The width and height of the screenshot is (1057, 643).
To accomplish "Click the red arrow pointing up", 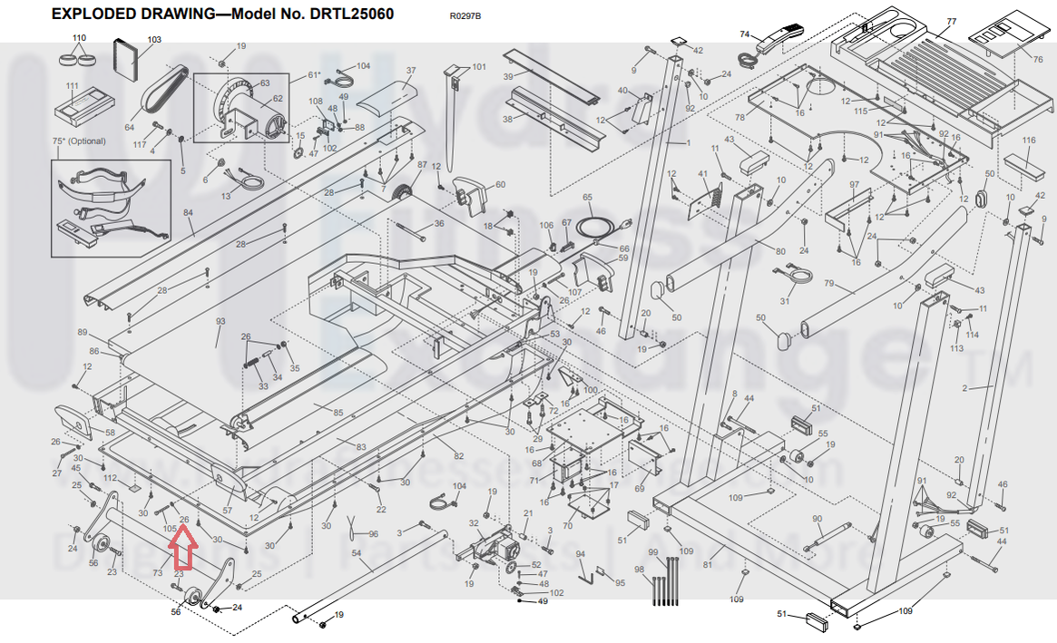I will click(185, 547).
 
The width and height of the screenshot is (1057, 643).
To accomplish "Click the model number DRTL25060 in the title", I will click(349, 15).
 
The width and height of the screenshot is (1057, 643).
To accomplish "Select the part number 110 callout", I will click(79, 38).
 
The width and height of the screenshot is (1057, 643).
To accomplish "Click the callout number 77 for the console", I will click(951, 21).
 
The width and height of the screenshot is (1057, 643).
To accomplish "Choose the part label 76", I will click(1038, 59).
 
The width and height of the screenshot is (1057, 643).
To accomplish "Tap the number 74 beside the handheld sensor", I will click(745, 34).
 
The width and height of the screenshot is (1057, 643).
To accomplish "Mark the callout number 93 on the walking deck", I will click(220, 322).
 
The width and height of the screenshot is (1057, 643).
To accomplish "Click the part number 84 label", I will click(189, 213).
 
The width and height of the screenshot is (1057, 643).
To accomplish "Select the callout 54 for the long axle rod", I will click(356, 553).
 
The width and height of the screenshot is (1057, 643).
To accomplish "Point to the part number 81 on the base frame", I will click(720, 552).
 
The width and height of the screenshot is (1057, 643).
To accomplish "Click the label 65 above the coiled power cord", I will click(587, 197).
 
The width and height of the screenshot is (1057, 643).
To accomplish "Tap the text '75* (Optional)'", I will click(79, 141).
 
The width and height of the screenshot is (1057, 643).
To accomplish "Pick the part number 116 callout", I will click(1028, 141).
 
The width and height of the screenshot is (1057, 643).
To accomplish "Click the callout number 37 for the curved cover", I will click(410, 71).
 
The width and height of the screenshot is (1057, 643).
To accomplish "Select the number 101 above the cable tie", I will click(478, 67).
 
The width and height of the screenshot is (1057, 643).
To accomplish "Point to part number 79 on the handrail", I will click(827, 284).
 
